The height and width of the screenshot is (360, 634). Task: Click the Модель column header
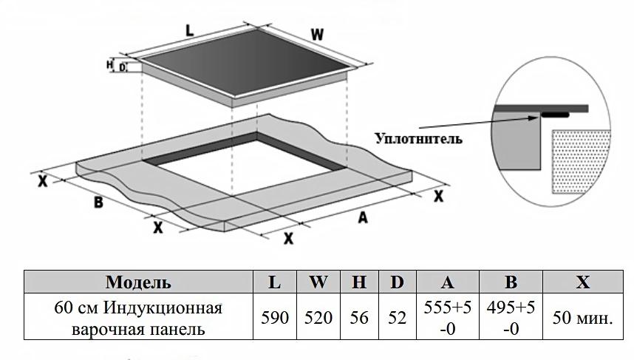point(138,282)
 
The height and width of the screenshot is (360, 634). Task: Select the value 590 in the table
point(275,317)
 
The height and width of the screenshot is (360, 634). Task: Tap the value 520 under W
point(318,317)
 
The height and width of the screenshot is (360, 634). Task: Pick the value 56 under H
point(359,317)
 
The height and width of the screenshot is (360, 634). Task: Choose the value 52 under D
point(397,317)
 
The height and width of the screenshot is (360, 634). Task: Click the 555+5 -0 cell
point(448,317)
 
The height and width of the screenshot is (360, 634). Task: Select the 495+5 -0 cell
point(511,317)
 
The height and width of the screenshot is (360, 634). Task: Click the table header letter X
point(583,282)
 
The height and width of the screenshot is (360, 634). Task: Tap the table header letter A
point(448,282)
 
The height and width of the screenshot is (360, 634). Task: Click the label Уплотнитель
point(419,138)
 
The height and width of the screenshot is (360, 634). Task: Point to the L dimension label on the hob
point(189,31)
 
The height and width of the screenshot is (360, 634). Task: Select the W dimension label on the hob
point(317,35)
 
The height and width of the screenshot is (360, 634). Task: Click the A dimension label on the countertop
point(362,217)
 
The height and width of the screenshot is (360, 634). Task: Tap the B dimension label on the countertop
point(98,203)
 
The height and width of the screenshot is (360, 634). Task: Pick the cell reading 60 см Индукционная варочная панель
point(138,317)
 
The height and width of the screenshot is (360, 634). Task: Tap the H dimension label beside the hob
point(110,65)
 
